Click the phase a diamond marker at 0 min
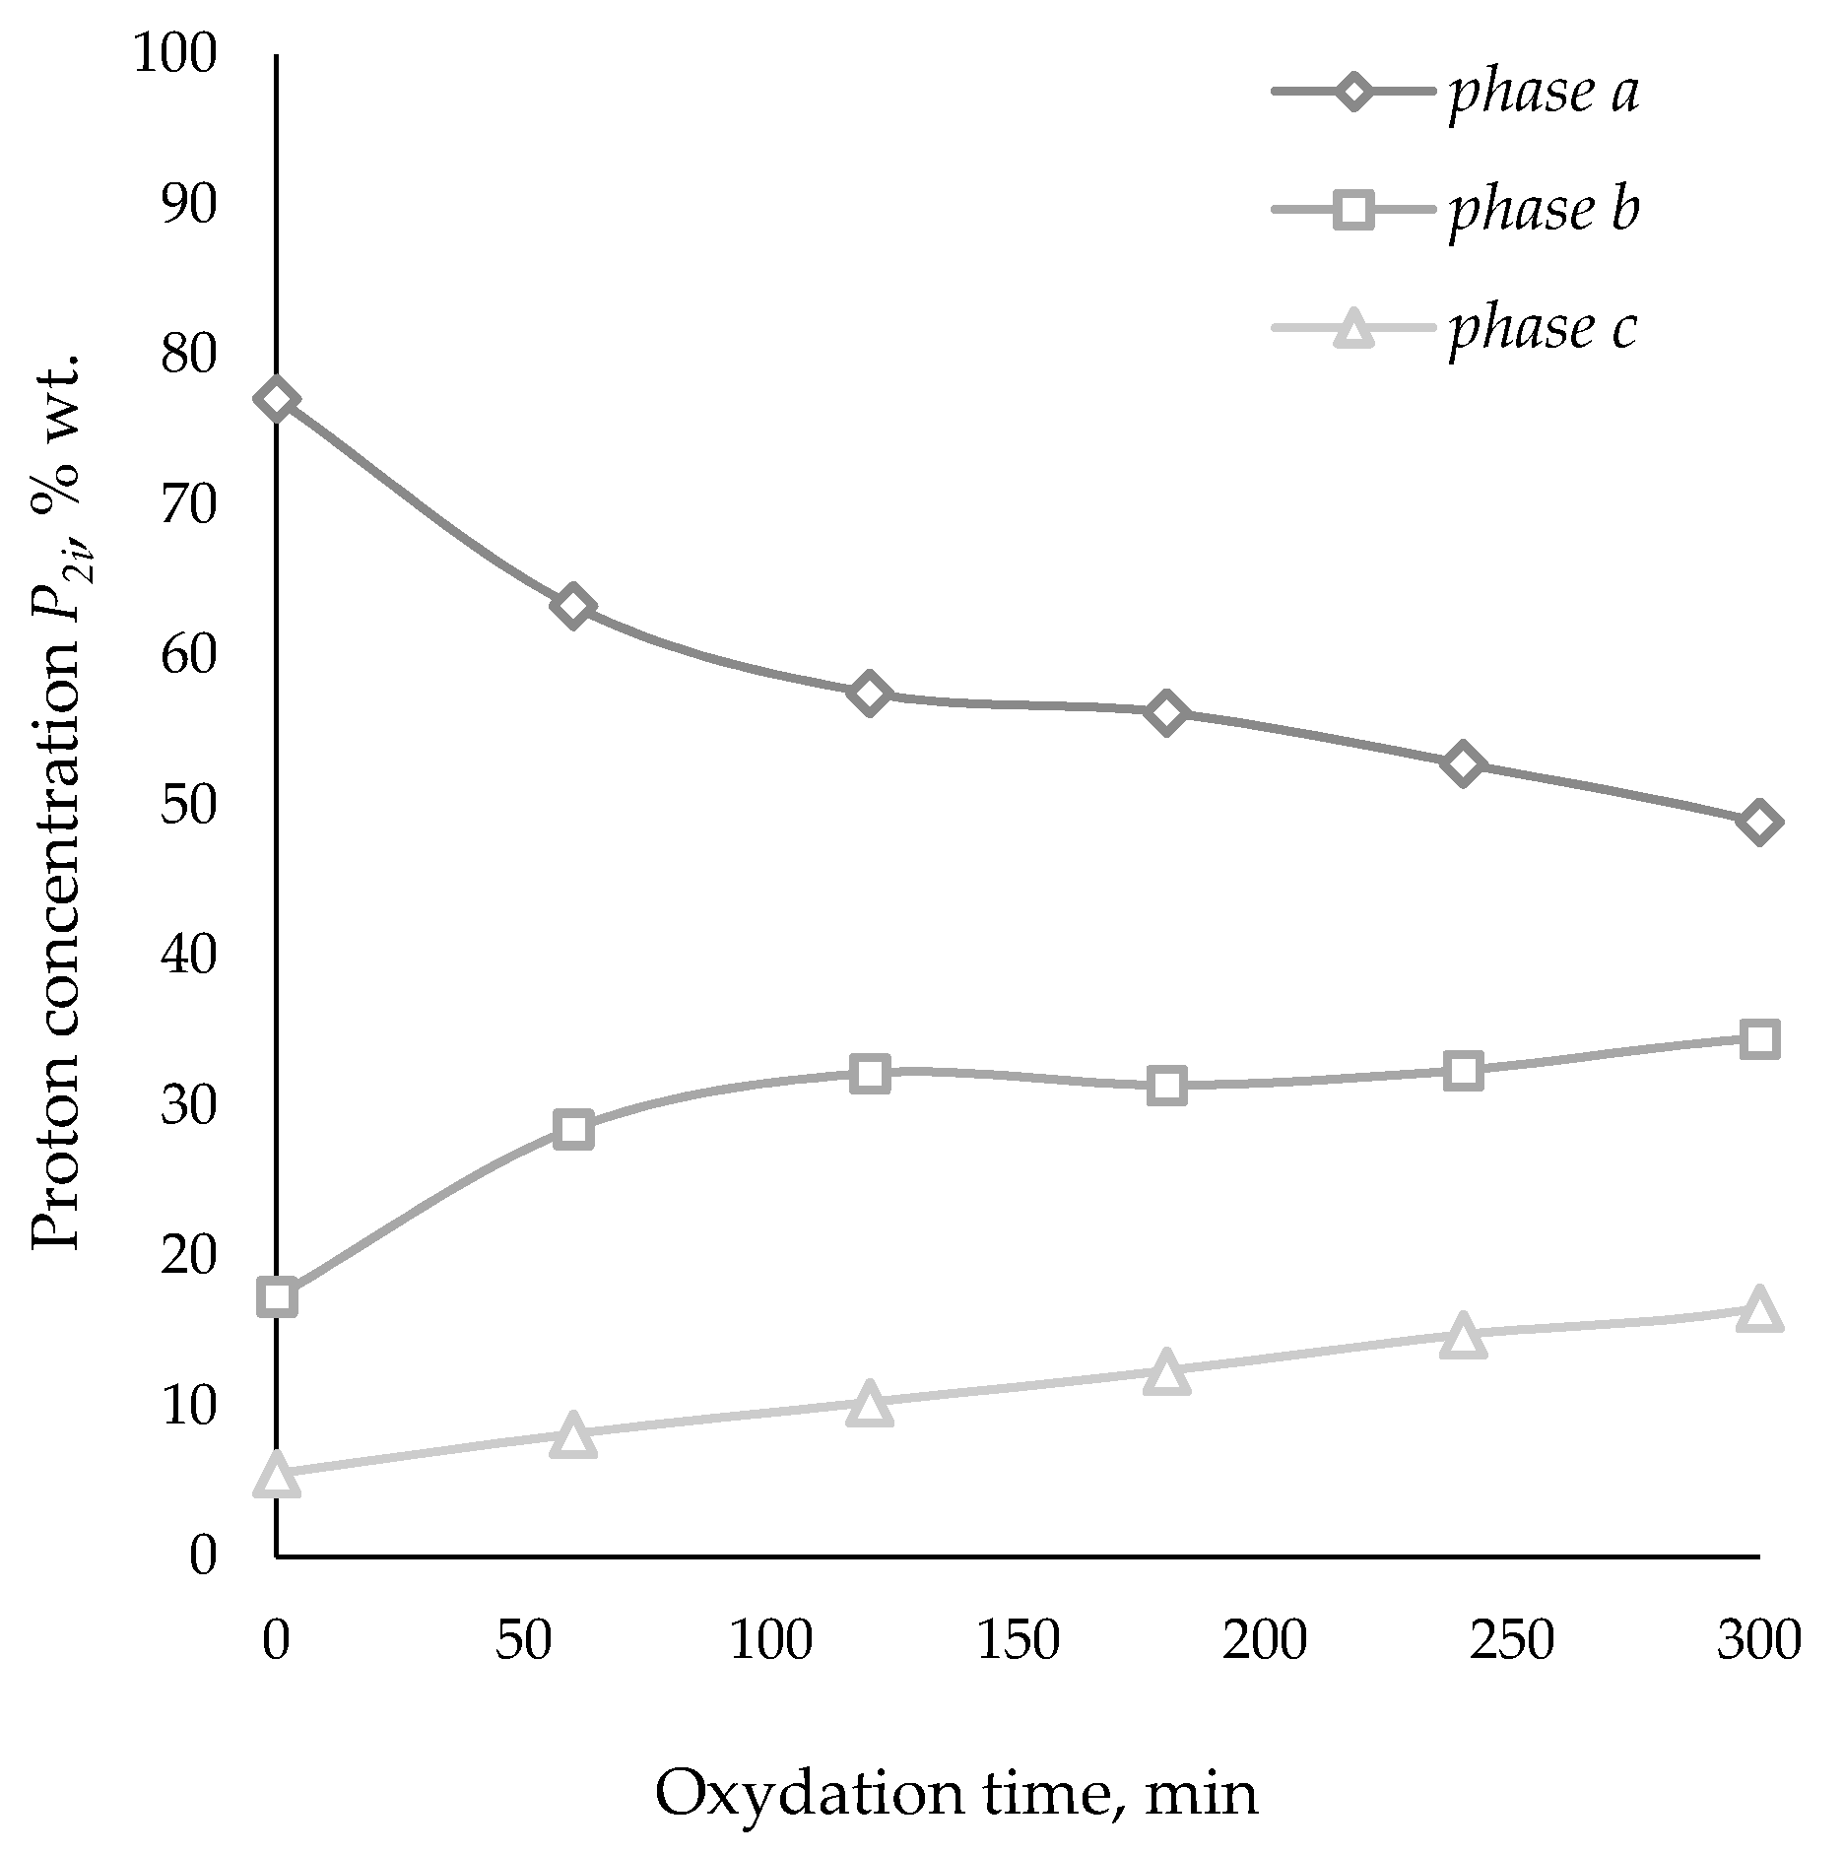coord(277,399)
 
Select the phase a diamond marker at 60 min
coord(573,606)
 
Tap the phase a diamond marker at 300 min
coord(1759,823)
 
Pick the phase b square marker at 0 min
coord(277,1298)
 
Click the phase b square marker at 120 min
coord(870,1073)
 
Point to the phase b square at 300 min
coord(1759,1039)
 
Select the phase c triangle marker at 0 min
coord(277,1475)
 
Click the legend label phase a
coord(1544,93)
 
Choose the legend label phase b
coord(1544,210)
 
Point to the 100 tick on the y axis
coord(174,54)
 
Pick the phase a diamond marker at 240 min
coord(1463,764)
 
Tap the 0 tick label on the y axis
coord(202,1556)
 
